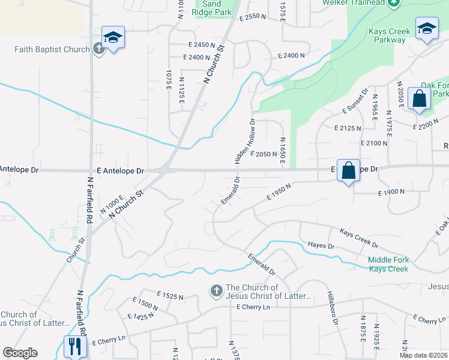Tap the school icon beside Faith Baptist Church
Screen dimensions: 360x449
point(113,38)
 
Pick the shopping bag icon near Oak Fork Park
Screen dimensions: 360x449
point(419,99)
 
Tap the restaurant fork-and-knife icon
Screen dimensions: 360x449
point(75,346)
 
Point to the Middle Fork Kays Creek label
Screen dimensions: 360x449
point(388,265)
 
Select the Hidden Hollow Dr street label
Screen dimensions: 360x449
point(246,140)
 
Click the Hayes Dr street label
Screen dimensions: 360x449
point(321,245)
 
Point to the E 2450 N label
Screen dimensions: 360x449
point(202,45)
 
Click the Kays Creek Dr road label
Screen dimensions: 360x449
point(359,238)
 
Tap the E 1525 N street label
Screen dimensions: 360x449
point(170,296)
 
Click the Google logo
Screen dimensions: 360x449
point(20,353)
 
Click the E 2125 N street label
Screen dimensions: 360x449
point(348,128)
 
